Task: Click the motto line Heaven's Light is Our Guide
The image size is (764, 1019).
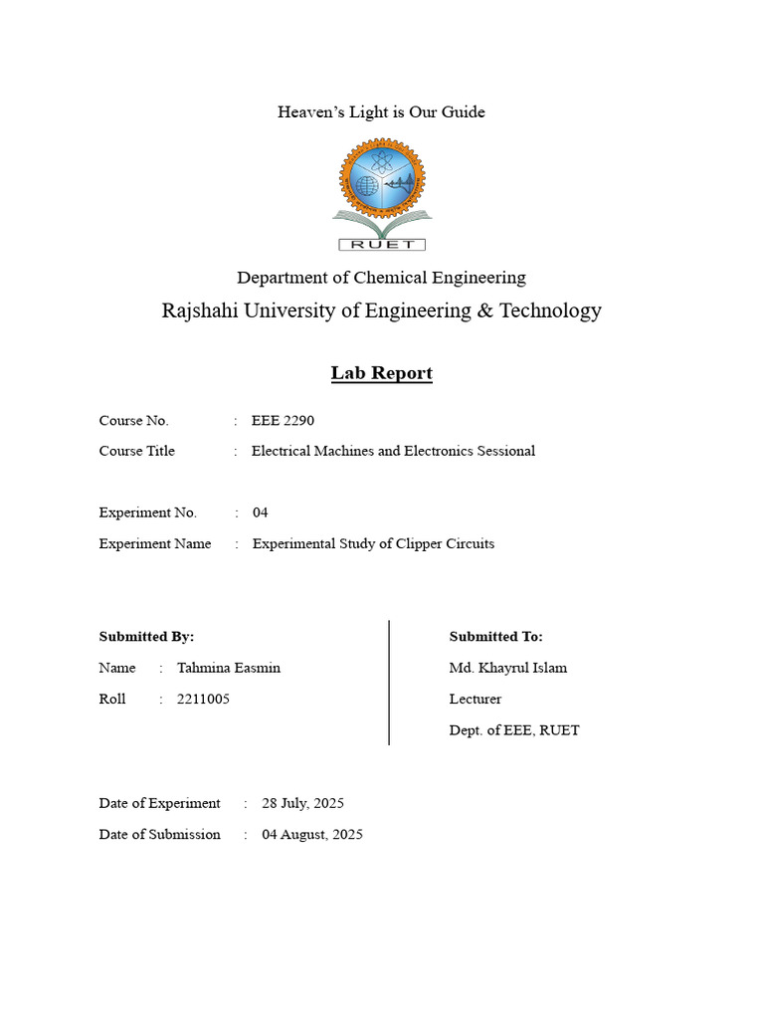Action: click(381, 111)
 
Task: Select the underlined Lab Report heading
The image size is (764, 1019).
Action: click(381, 373)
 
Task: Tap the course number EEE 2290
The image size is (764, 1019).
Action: click(283, 421)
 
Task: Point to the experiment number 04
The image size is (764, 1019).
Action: click(261, 512)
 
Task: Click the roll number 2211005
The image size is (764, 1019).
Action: click(203, 699)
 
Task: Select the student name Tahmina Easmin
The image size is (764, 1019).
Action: click(229, 668)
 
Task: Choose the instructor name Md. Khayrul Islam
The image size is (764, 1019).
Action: click(508, 668)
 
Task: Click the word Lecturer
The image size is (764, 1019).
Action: click(476, 699)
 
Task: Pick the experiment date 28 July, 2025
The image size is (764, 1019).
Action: click(302, 803)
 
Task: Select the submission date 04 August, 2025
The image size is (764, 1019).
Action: click(312, 834)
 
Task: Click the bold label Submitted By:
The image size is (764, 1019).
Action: click(146, 636)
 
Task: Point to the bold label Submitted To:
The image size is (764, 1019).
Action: click(496, 636)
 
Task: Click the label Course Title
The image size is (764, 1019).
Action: click(136, 451)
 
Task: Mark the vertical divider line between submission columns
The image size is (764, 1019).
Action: click(388, 683)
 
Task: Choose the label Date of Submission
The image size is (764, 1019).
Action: click(159, 834)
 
